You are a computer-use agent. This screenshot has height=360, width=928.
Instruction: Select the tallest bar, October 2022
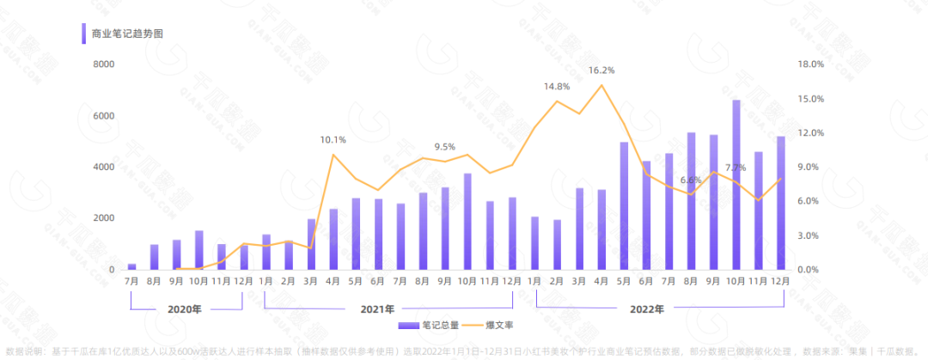tap(736, 185)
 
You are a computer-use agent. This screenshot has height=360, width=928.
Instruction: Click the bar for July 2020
tap(131, 266)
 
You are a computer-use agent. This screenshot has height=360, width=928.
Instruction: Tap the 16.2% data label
tap(601, 70)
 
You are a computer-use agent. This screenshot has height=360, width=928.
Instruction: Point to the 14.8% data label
tap(557, 87)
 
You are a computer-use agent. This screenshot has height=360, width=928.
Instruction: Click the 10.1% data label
tap(333, 139)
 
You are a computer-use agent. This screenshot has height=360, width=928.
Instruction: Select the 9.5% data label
tap(445, 146)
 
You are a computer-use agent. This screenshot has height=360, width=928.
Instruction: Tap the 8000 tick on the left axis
tap(105, 64)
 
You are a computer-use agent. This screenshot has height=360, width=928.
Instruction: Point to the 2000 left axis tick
tap(105, 218)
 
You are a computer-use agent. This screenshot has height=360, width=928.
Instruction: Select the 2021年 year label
tap(378, 309)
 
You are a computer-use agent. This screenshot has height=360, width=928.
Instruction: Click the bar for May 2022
tap(624, 206)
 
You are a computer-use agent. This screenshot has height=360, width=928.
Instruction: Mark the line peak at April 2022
tap(601, 84)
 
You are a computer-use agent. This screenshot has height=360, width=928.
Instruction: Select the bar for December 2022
tap(780, 203)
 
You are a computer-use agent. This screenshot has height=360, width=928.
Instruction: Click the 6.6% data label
tap(691, 180)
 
